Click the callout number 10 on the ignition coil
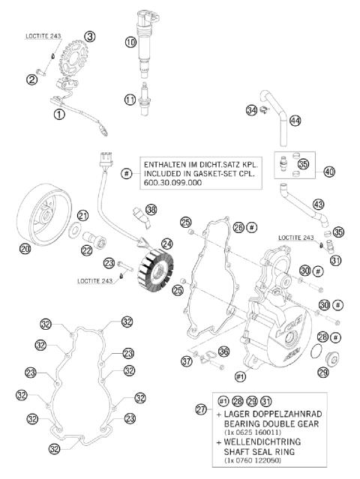(x=130, y=43)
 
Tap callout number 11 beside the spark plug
(x=130, y=99)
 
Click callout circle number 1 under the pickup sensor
(x=58, y=115)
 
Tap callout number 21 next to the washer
(x=83, y=215)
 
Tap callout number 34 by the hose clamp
(x=251, y=111)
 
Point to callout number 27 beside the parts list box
(x=200, y=409)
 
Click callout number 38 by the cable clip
(x=152, y=209)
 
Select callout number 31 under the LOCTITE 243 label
(x=334, y=260)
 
